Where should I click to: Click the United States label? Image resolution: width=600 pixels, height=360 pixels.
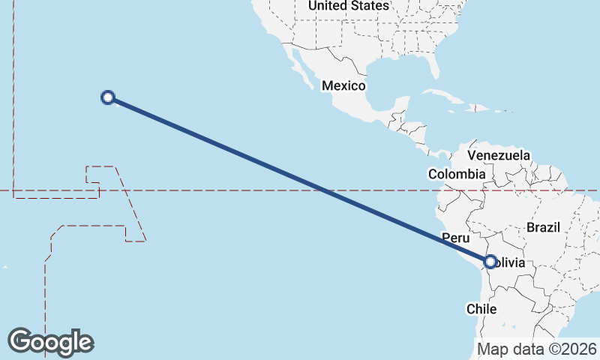tap(349, 6)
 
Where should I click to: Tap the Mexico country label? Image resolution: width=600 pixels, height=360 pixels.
tap(343, 85)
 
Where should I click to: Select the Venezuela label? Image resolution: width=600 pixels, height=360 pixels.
tap(499, 156)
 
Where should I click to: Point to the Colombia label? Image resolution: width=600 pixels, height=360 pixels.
tap(457, 174)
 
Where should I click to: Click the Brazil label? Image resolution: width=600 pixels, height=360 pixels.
tap(544, 226)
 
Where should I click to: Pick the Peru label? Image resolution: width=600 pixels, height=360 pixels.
tap(455, 238)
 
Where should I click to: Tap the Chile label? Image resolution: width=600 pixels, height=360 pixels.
tap(482, 309)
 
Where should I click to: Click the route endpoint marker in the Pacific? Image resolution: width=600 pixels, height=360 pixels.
tap(107, 97)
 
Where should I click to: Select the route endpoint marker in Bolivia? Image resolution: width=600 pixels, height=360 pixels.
tap(490, 262)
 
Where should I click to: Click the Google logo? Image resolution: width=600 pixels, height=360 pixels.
tap(51, 342)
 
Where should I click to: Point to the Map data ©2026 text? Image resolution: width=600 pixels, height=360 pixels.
tap(538, 349)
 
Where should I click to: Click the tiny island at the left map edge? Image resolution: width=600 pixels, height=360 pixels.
tap(5, 267)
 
